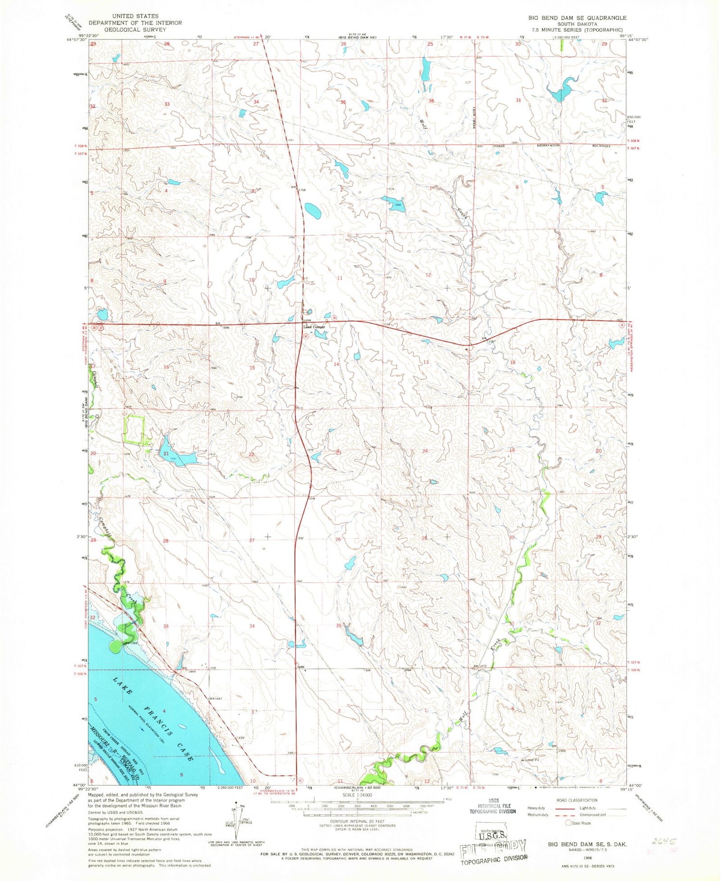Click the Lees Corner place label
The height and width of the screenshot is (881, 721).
coord(313,327)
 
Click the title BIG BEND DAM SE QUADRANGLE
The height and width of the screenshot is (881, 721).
coord(577,18)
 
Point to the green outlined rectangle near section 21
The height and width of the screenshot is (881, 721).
coord(134,429)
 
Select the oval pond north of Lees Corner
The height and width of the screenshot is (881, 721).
coord(312,210)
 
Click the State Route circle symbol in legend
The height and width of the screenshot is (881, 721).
coord(568,823)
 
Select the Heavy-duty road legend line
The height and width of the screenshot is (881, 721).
coord(566,808)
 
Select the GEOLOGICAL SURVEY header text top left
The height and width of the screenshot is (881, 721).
coord(127,29)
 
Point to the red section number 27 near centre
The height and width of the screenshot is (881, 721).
coord(251,540)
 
